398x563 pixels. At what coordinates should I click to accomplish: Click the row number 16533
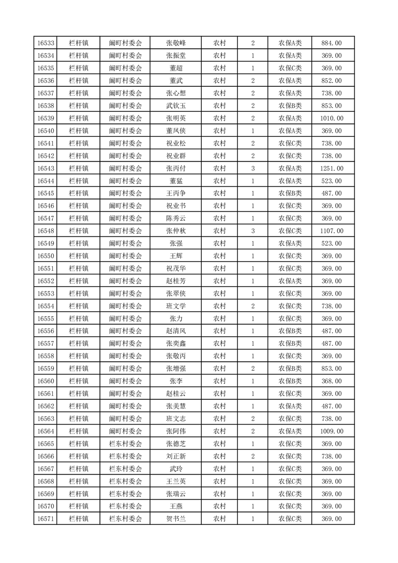click(x=46, y=43)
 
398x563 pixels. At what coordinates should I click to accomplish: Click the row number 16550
click(x=46, y=256)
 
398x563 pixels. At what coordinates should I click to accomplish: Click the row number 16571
click(x=46, y=518)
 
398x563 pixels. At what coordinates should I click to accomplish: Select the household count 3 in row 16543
click(x=252, y=168)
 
